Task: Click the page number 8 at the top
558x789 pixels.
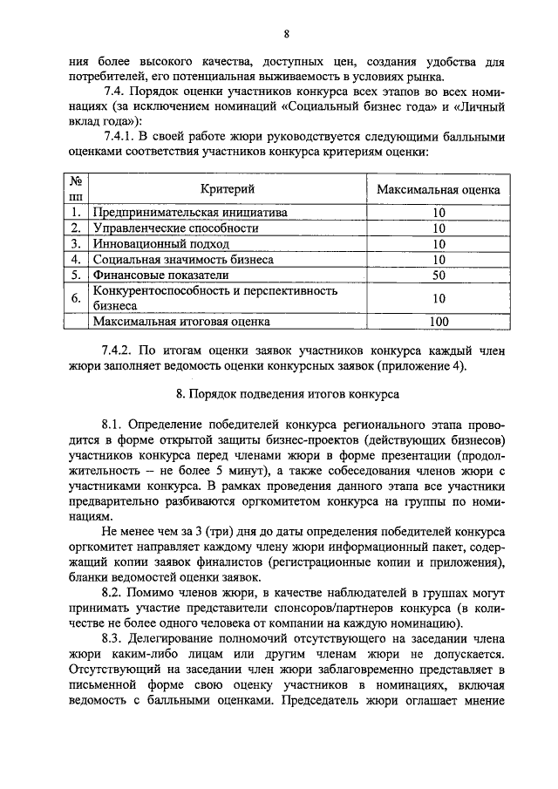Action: click(x=286, y=34)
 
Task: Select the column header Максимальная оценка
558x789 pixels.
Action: click(x=439, y=188)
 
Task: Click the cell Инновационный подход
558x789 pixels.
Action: click(x=151, y=243)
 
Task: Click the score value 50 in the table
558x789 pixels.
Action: click(x=439, y=275)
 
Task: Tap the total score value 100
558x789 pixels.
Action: click(x=439, y=322)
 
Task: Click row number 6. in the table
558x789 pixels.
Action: click(x=77, y=298)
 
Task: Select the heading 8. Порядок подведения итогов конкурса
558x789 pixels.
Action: click(x=287, y=393)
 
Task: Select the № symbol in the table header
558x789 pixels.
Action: click(x=77, y=181)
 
